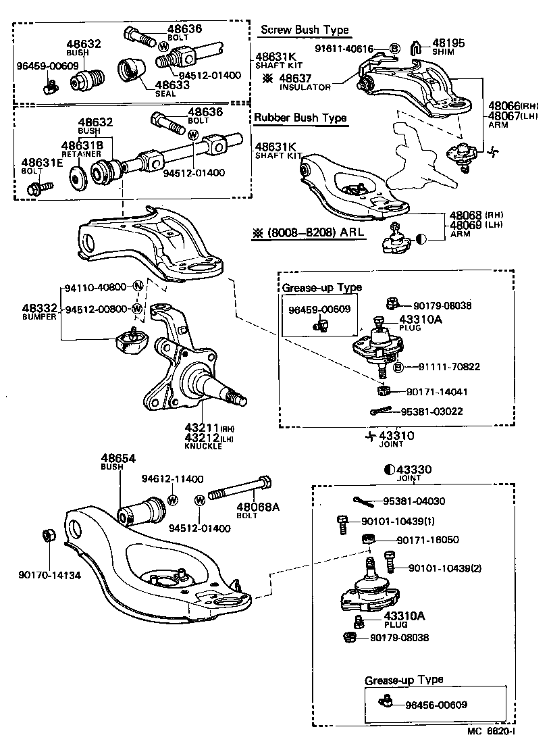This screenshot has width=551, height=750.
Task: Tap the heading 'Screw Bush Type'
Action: tap(305, 30)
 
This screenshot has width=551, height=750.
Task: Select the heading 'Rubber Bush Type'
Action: tap(300, 118)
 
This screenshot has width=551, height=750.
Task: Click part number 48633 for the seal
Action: tap(174, 85)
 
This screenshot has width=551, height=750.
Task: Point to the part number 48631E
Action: tap(40, 163)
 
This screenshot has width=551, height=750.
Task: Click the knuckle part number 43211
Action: tap(200, 428)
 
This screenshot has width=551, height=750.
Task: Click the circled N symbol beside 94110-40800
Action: tap(137, 286)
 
